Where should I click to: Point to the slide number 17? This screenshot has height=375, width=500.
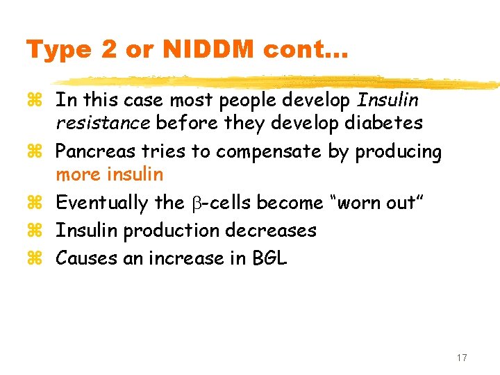[x=462, y=358]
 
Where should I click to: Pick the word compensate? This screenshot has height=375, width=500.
[x=250, y=151]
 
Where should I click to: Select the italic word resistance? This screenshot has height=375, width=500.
[x=103, y=123]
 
